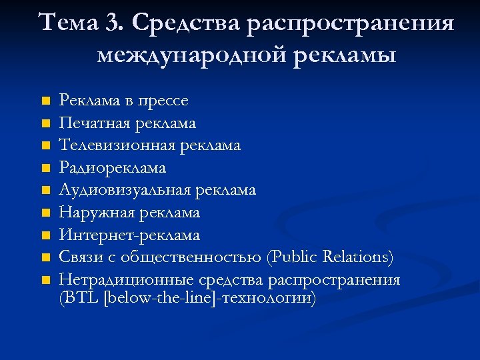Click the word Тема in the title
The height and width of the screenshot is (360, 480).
tap(69, 24)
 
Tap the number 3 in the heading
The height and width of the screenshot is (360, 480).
tap(111, 24)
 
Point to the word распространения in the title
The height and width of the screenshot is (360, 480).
tap(350, 24)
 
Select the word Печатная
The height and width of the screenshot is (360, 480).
tap(93, 123)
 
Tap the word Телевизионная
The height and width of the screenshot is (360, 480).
tap(115, 145)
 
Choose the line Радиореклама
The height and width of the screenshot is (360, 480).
tap(112, 168)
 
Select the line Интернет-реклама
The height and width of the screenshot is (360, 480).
tap(129, 235)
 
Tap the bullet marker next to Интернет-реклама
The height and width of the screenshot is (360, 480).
tap(45, 235)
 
